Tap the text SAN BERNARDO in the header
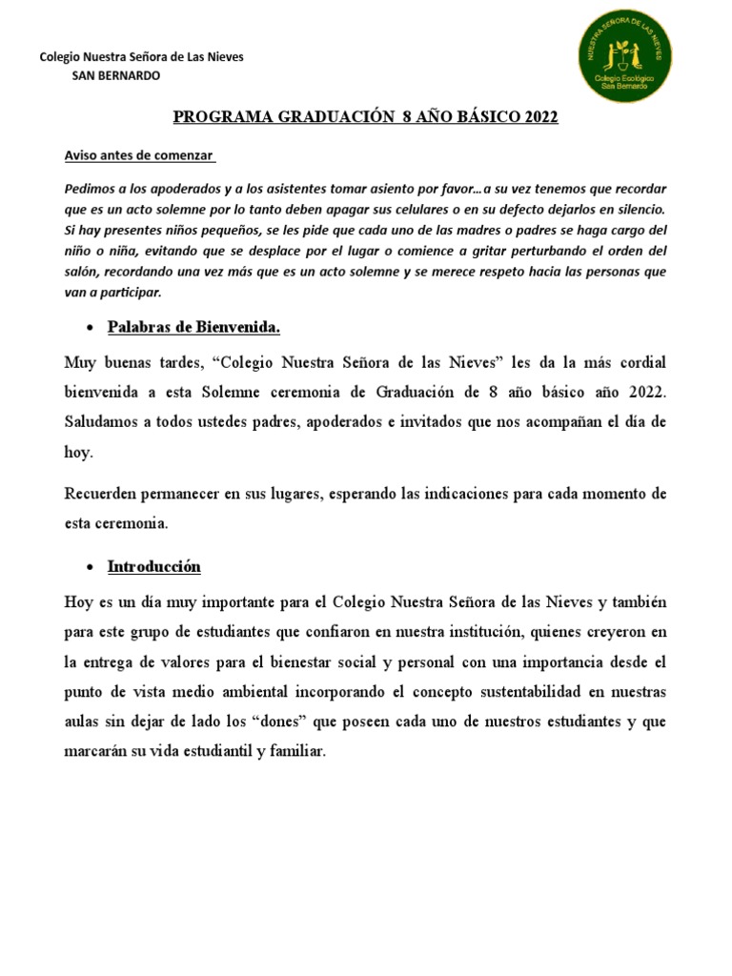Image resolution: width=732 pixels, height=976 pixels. (x=116, y=75)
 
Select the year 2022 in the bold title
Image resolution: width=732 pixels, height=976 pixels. (x=539, y=117)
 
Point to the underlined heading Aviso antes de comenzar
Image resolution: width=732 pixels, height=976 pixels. (x=139, y=155)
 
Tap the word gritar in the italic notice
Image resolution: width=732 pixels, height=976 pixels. (x=440, y=251)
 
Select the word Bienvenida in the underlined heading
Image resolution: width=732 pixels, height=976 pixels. (x=235, y=328)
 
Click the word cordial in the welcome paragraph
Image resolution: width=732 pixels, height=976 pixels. (x=639, y=364)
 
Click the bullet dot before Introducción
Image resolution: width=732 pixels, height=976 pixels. (x=89, y=568)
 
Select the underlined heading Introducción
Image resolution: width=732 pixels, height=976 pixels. (x=154, y=567)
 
